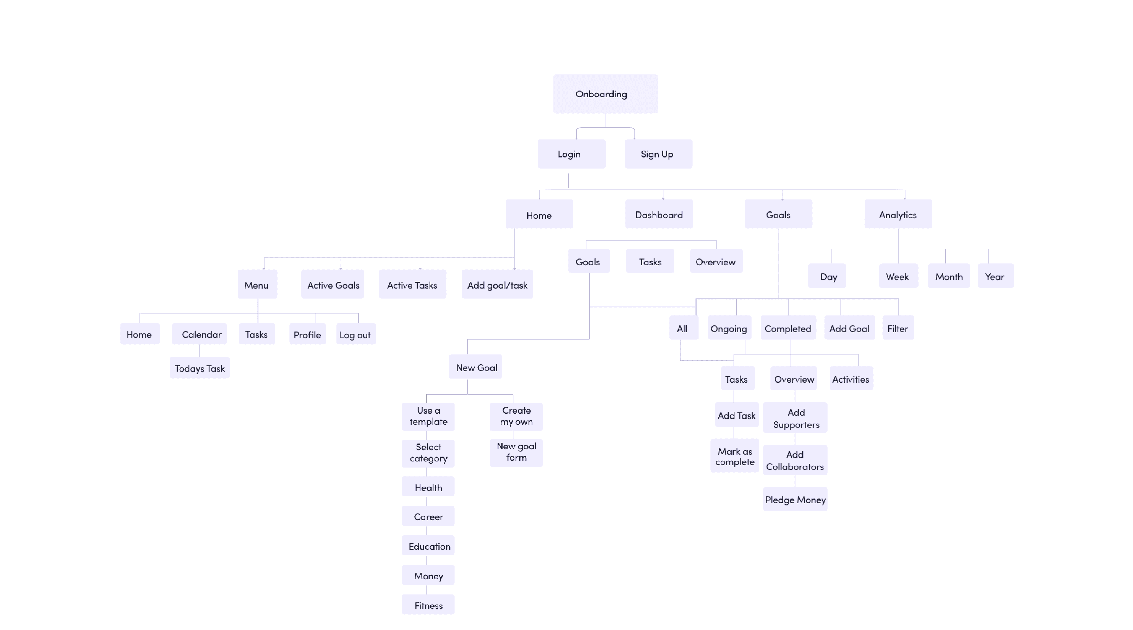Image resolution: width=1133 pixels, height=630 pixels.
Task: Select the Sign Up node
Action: [x=658, y=154]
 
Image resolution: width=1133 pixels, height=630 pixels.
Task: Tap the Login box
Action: [x=571, y=154]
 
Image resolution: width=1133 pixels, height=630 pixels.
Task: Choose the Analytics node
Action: [x=898, y=214]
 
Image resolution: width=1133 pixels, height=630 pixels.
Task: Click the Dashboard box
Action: [x=658, y=214]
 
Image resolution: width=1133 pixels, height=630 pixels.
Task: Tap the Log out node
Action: [x=355, y=334]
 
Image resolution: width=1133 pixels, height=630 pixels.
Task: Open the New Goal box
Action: [x=475, y=367]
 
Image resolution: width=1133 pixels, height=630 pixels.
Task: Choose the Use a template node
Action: [x=428, y=416]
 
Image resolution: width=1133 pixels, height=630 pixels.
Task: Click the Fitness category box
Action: [x=428, y=605]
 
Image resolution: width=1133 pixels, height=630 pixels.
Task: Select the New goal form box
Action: [x=516, y=452]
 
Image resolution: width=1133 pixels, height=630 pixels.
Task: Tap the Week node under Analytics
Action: [x=898, y=276]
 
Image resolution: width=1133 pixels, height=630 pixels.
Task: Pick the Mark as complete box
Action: [x=734, y=456]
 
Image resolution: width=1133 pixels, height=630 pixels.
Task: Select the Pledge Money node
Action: [x=795, y=500]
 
